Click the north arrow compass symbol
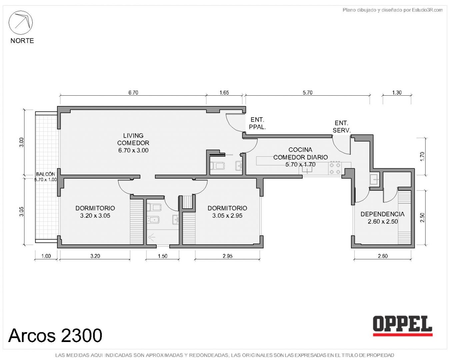[x=20, y=23]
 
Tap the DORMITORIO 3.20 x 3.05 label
[x=95, y=212]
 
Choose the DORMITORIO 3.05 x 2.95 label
[x=227, y=212]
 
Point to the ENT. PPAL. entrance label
[x=257, y=123]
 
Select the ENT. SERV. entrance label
[x=342, y=126]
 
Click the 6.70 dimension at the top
[x=133, y=92]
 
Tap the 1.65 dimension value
[x=224, y=92]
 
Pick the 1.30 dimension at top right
[x=397, y=92]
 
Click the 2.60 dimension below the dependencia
[x=383, y=256]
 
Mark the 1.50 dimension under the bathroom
[x=162, y=256]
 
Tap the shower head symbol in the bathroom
[x=151, y=237]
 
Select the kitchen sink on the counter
[x=307, y=169]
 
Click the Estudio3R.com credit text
[x=392, y=10]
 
